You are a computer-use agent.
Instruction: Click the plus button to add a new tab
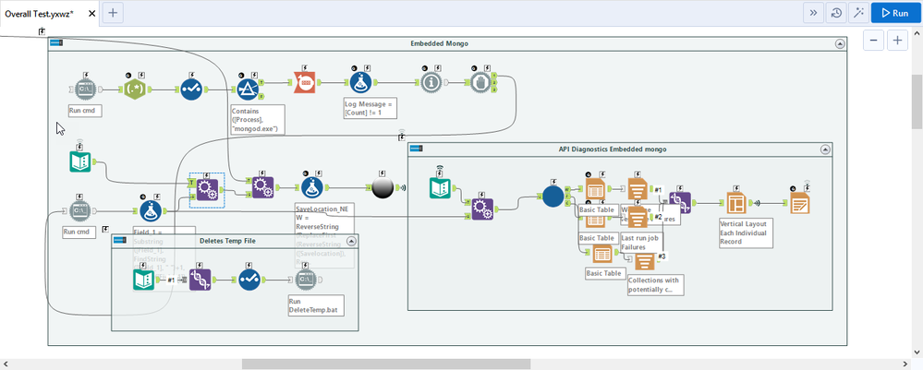112,13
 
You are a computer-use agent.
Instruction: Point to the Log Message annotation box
370,109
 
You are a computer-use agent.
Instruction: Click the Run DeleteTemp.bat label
310,306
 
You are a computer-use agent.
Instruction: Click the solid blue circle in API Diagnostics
553,197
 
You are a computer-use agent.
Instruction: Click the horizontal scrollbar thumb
386,364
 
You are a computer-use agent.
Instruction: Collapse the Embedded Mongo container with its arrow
839,43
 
